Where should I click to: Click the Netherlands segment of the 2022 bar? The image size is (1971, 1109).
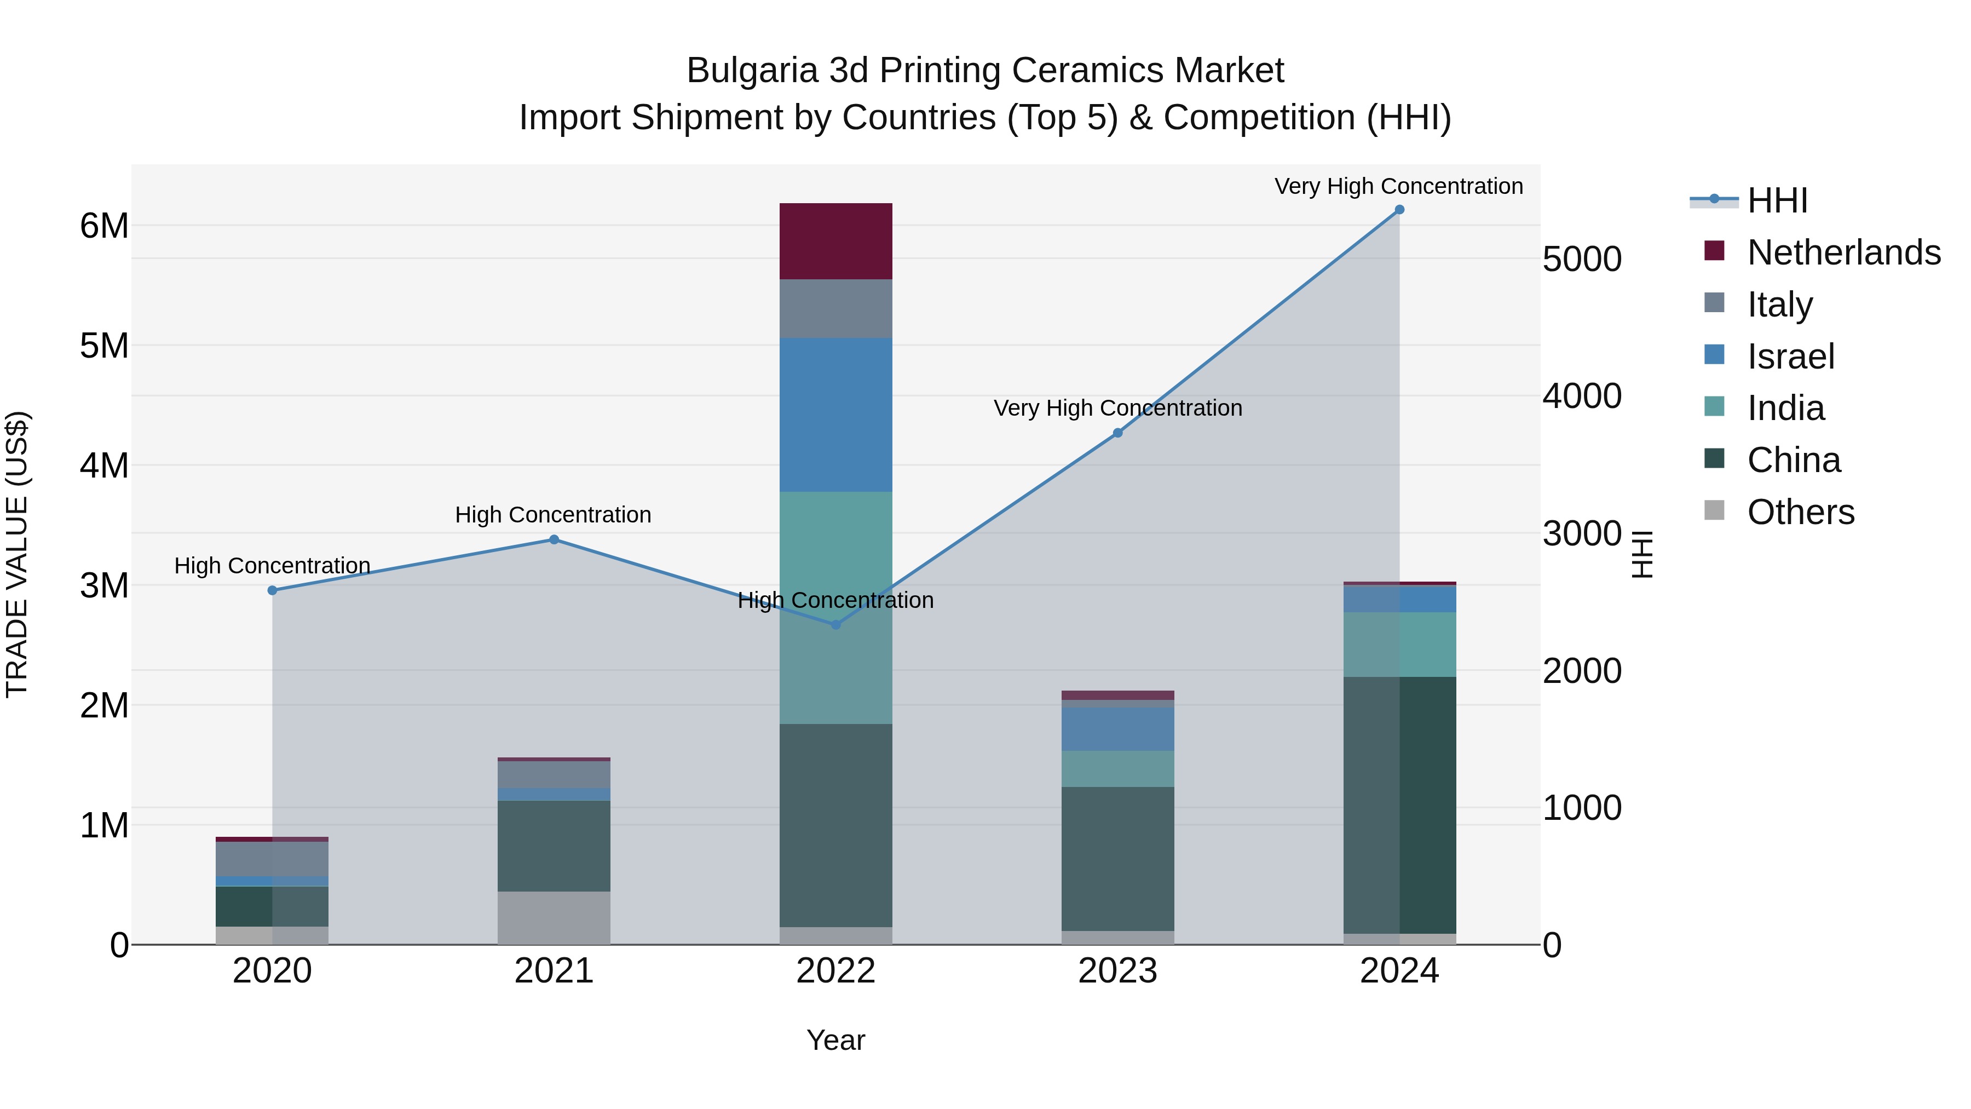pyautogui.click(x=835, y=241)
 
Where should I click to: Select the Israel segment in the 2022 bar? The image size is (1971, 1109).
pyautogui.click(x=835, y=414)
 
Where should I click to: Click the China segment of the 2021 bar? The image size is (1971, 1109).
pyautogui.click(x=554, y=845)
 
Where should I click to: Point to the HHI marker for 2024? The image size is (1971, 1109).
pyautogui.click(x=1399, y=210)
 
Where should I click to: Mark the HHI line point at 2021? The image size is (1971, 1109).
pyautogui.click(x=554, y=539)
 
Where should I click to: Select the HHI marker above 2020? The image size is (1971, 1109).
pyautogui.click(x=273, y=590)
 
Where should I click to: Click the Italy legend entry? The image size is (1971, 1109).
pyautogui.click(x=1780, y=304)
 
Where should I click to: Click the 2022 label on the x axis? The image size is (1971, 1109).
pyautogui.click(x=835, y=971)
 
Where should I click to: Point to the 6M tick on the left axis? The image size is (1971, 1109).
pyautogui.click(x=104, y=226)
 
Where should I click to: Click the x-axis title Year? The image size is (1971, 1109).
pyautogui.click(x=835, y=1040)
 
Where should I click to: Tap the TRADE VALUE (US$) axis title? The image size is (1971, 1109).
pyautogui.click(x=18, y=554)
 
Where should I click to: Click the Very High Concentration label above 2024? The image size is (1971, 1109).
pyautogui.click(x=1399, y=186)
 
